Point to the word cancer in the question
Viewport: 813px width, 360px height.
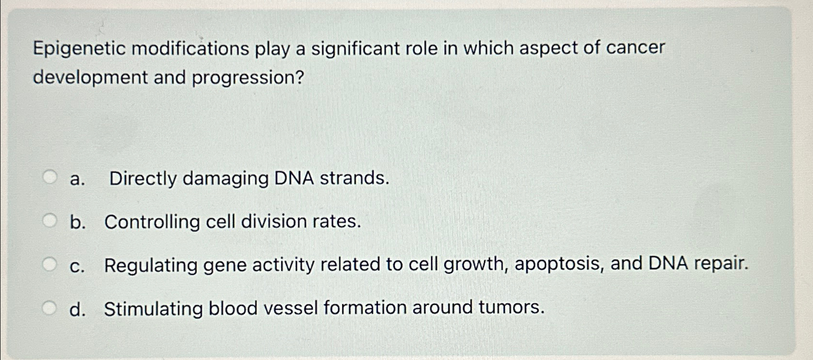coord(635,47)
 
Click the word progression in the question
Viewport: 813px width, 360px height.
coord(248,78)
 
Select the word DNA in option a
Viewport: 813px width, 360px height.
coord(294,178)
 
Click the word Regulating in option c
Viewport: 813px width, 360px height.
coord(151,265)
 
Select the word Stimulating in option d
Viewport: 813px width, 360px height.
coord(153,308)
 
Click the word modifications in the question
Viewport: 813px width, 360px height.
coord(190,49)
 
